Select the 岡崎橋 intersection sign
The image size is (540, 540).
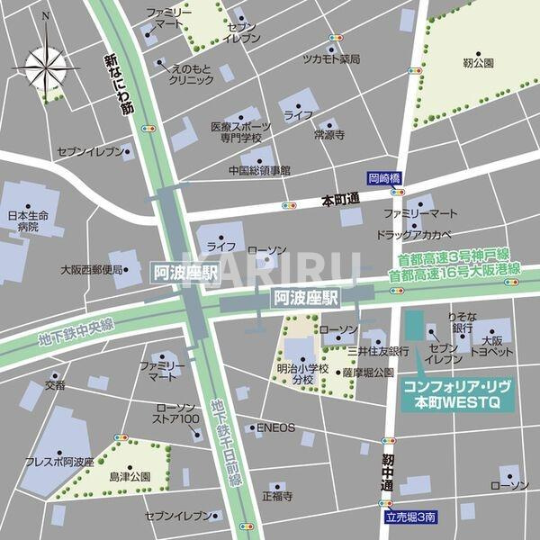point(383,178)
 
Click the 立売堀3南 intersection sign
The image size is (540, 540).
point(409,517)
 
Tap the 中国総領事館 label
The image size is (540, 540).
point(259,169)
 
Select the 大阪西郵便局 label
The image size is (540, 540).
point(90,268)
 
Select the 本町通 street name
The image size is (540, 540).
point(340,200)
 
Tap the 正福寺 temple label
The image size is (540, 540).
point(275,495)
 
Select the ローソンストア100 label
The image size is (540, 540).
point(176,413)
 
